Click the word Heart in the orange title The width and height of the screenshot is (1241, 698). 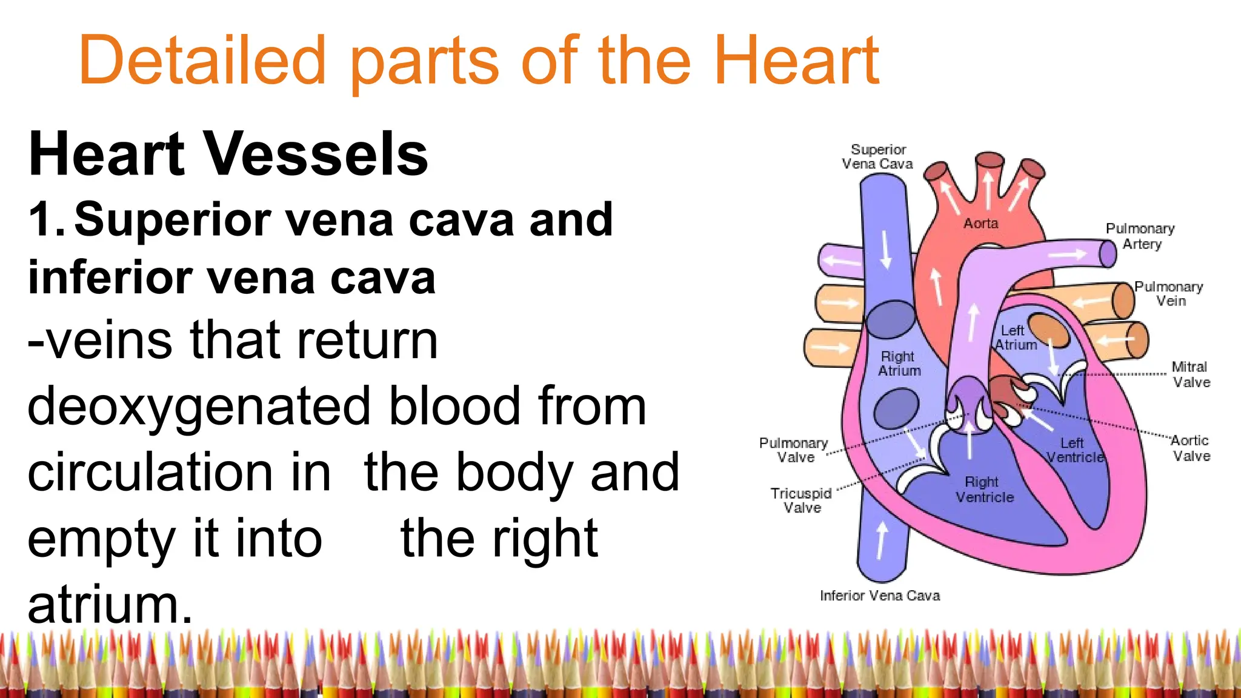coord(796,61)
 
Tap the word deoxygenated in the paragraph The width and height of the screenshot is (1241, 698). coord(198,406)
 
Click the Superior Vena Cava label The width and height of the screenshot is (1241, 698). coord(877,156)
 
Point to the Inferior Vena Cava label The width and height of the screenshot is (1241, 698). coord(879,596)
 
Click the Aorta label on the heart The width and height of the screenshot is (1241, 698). coord(980,224)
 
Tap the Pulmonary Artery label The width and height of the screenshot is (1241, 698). coord(1140,236)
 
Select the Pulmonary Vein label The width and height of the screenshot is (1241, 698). coord(1168,293)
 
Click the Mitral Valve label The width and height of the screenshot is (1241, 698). coord(1190,374)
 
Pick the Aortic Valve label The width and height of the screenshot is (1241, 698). coord(1190,448)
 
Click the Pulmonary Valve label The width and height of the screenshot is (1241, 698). coord(793,450)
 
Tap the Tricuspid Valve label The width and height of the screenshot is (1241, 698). coord(801,500)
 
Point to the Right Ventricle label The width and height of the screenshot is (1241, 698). coord(984,490)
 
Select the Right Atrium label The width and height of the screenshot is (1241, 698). coord(899,364)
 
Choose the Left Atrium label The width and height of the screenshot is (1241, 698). coord(1015,338)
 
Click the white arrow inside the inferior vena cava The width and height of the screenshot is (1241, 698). coord(882,539)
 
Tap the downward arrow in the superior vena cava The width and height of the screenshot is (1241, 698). coord(886,249)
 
